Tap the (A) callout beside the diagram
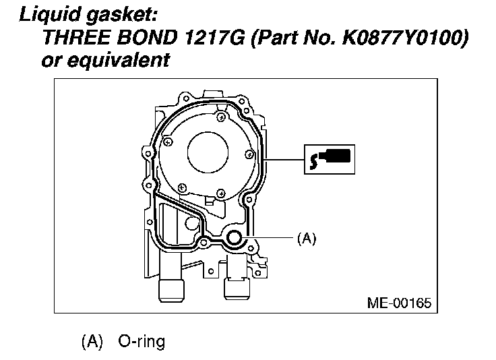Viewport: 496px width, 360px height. (306, 238)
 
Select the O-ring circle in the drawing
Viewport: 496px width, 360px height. (235, 238)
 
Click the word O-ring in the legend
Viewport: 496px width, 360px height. (142, 341)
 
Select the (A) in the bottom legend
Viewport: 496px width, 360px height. (91, 341)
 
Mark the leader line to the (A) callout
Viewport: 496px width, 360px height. (270, 238)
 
